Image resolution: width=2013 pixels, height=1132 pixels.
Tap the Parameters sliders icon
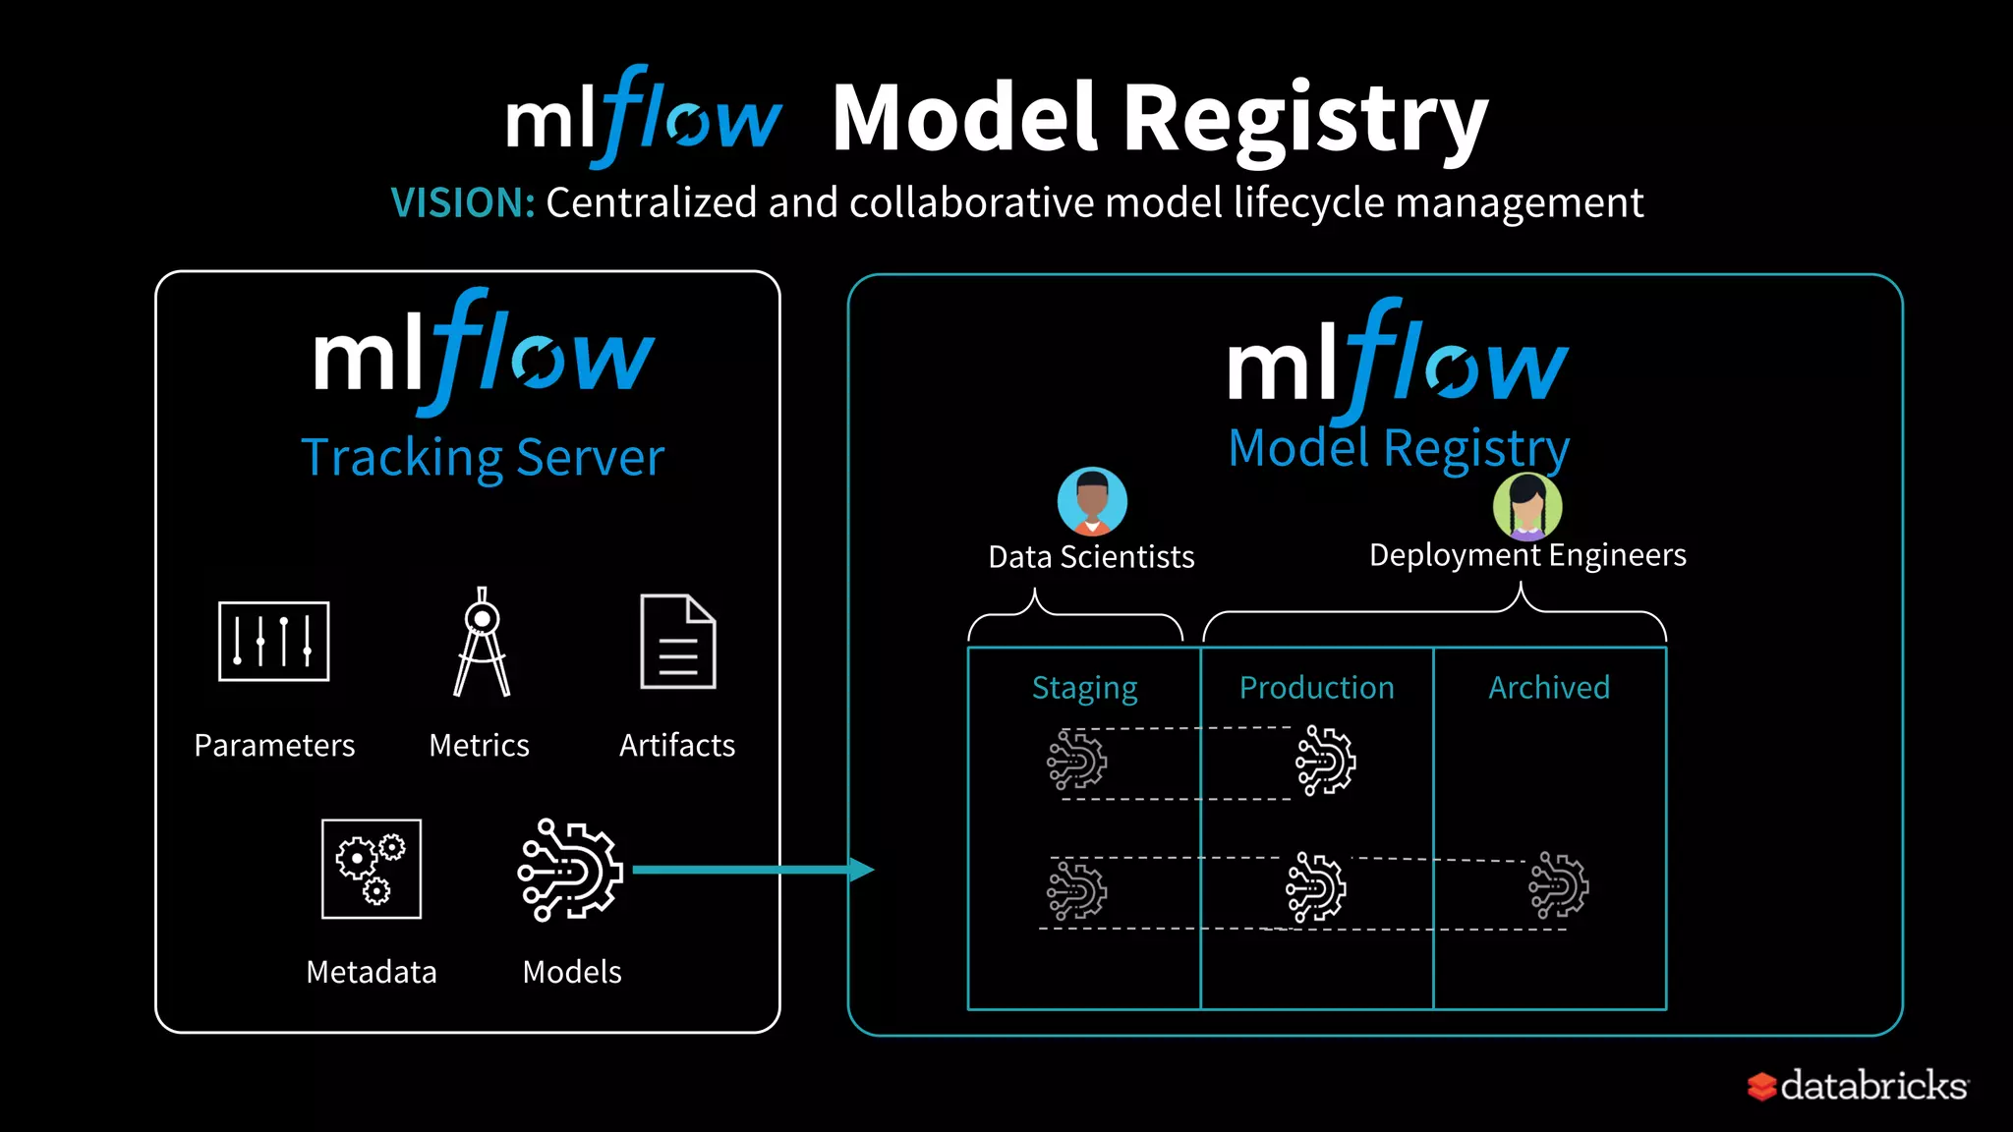point(273,642)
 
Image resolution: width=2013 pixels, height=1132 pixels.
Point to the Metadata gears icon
point(372,869)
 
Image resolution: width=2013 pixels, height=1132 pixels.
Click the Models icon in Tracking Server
point(570,870)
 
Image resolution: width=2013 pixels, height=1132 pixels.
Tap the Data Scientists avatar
point(1091,501)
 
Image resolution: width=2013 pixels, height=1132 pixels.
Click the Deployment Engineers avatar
point(1526,507)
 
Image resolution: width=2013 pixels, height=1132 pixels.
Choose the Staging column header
point(1084,688)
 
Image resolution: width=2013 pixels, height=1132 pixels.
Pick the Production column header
point(1316,688)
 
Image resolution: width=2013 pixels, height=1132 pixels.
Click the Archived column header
point(1549,688)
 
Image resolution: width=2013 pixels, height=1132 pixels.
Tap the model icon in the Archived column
point(1558,886)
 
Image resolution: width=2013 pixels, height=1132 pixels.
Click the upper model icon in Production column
point(1325,761)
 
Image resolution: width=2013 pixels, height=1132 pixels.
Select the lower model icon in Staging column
point(1076,890)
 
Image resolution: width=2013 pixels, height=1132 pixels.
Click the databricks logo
point(1858,1086)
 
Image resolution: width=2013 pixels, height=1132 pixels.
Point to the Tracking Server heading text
point(482,458)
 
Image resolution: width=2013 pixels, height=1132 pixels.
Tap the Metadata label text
point(371,972)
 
